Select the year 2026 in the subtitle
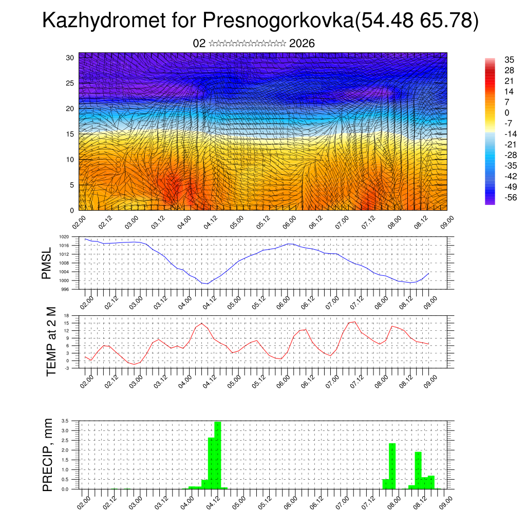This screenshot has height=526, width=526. pyautogui.click(x=302, y=44)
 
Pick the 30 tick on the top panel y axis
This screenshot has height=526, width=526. pyautogui.click(x=71, y=58)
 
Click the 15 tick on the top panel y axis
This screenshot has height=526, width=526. pyautogui.click(x=71, y=134)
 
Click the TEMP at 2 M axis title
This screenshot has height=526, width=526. pyautogui.click(x=51, y=341)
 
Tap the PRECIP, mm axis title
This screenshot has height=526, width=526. pyautogui.click(x=48, y=454)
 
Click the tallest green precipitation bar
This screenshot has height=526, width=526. pyautogui.click(x=218, y=455)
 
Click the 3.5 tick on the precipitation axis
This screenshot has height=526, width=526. pyautogui.click(x=65, y=420)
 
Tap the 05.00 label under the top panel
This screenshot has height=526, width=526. pyautogui.click(x=236, y=224)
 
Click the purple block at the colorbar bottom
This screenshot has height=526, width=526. pyautogui.click(x=490, y=201)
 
